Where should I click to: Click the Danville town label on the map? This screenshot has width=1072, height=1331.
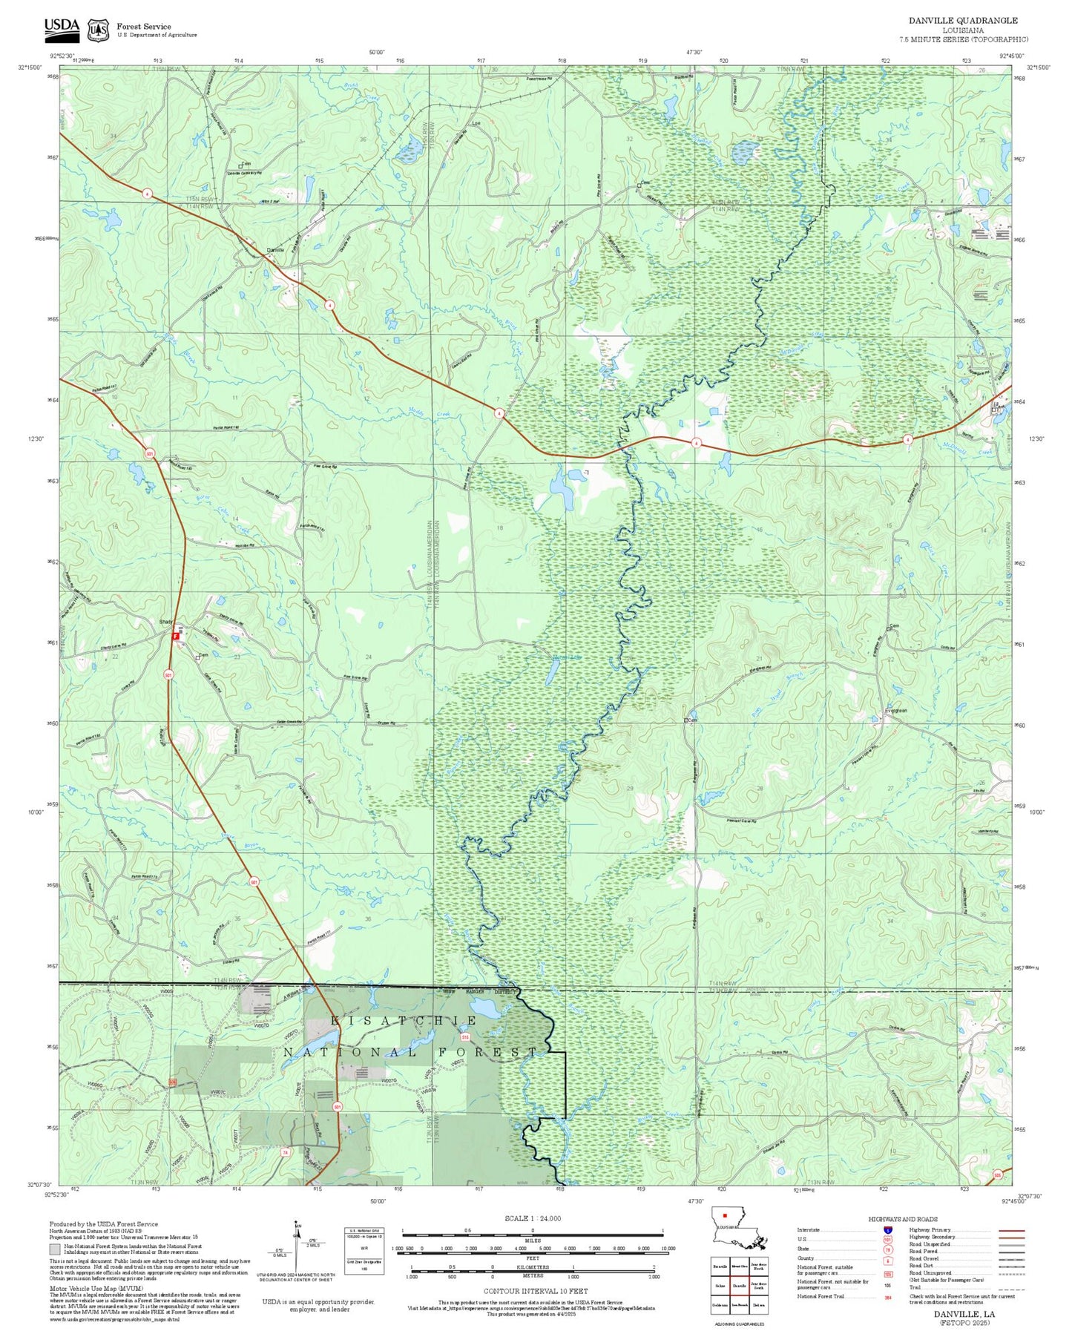point(274,250)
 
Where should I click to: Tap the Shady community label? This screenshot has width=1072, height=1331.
point(166,622)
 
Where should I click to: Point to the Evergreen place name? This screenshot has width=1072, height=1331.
point(895,711)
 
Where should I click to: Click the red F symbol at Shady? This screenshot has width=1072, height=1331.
point(176,636)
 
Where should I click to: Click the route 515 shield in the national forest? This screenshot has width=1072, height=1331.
point(465,1036)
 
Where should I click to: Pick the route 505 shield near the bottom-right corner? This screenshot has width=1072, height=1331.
point(998,1175)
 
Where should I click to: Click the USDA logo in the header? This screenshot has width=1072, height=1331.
point(62,27)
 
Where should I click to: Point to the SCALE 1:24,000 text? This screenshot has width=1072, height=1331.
point(532,1218)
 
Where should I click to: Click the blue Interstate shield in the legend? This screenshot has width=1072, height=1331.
point(888,1229)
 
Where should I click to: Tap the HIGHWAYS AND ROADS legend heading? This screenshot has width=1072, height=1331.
point(902,1219)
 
